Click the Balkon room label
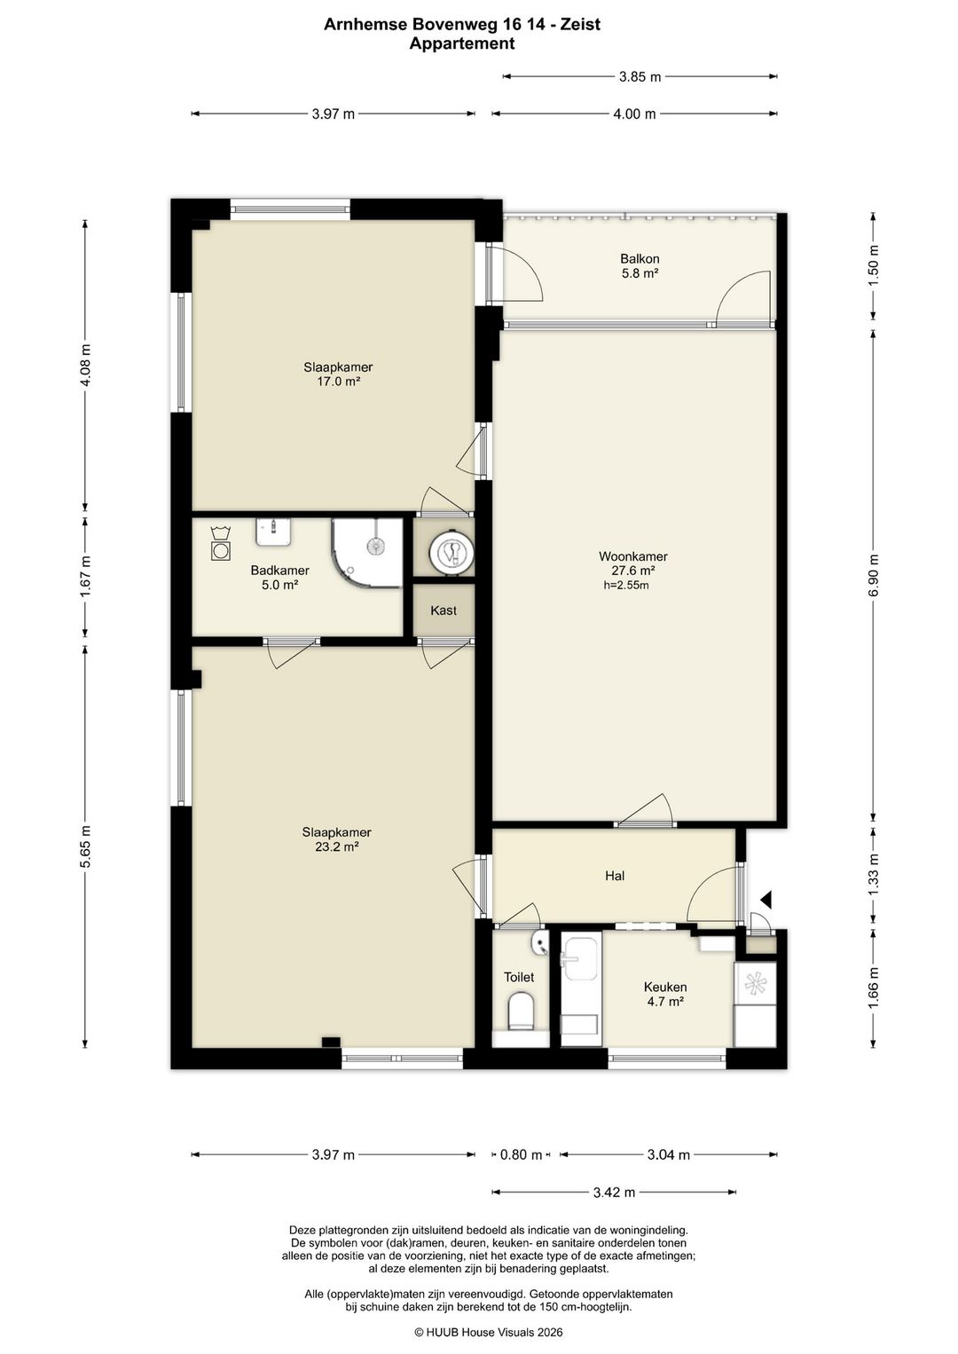(640, 259)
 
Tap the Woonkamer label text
(632, 556)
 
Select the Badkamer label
(279, 570)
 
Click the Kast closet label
(444, 610)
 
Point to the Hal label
(615, 876)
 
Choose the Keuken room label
(665, 987)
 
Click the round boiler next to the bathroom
(451, 551)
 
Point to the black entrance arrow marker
(766, 899)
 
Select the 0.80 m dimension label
(521, 1155)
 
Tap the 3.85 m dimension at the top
(640, 77)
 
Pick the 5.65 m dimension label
(85, 846)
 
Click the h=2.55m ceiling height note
(626, 585)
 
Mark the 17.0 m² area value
(339, 382)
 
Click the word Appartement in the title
(462, 43)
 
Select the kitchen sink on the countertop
(581, 957)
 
